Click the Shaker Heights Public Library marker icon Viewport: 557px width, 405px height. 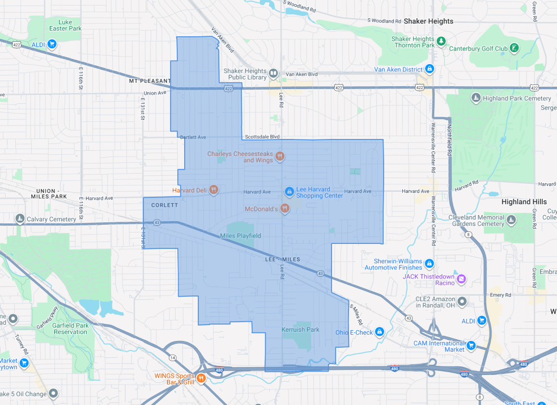273,73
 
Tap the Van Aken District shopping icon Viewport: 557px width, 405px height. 430,70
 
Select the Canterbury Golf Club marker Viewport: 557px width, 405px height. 514,48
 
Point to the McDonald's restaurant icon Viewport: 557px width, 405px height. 284,209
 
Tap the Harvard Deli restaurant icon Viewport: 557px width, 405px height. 214,190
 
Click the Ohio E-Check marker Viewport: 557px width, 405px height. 379,332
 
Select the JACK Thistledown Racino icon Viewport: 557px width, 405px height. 461,279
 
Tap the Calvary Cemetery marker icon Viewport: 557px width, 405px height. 20,219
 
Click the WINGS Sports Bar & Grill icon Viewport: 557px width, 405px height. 201,378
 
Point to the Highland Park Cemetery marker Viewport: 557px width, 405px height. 476,98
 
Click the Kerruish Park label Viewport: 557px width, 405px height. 300,330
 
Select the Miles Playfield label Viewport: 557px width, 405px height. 240,235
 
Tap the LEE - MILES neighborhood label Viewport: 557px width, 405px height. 282,259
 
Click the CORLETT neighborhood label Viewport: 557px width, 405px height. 165,205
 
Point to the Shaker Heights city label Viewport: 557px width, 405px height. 428,21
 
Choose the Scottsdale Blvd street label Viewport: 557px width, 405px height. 262,137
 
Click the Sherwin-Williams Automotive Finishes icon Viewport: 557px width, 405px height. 430,264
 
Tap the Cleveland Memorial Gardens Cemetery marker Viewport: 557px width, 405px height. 511,220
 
